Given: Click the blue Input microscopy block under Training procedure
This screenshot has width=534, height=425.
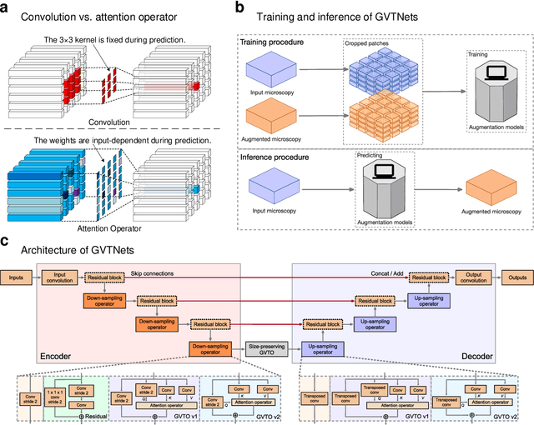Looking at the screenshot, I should coord(274,65).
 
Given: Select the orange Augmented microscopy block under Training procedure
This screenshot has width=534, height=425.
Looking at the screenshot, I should coord(274,115).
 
